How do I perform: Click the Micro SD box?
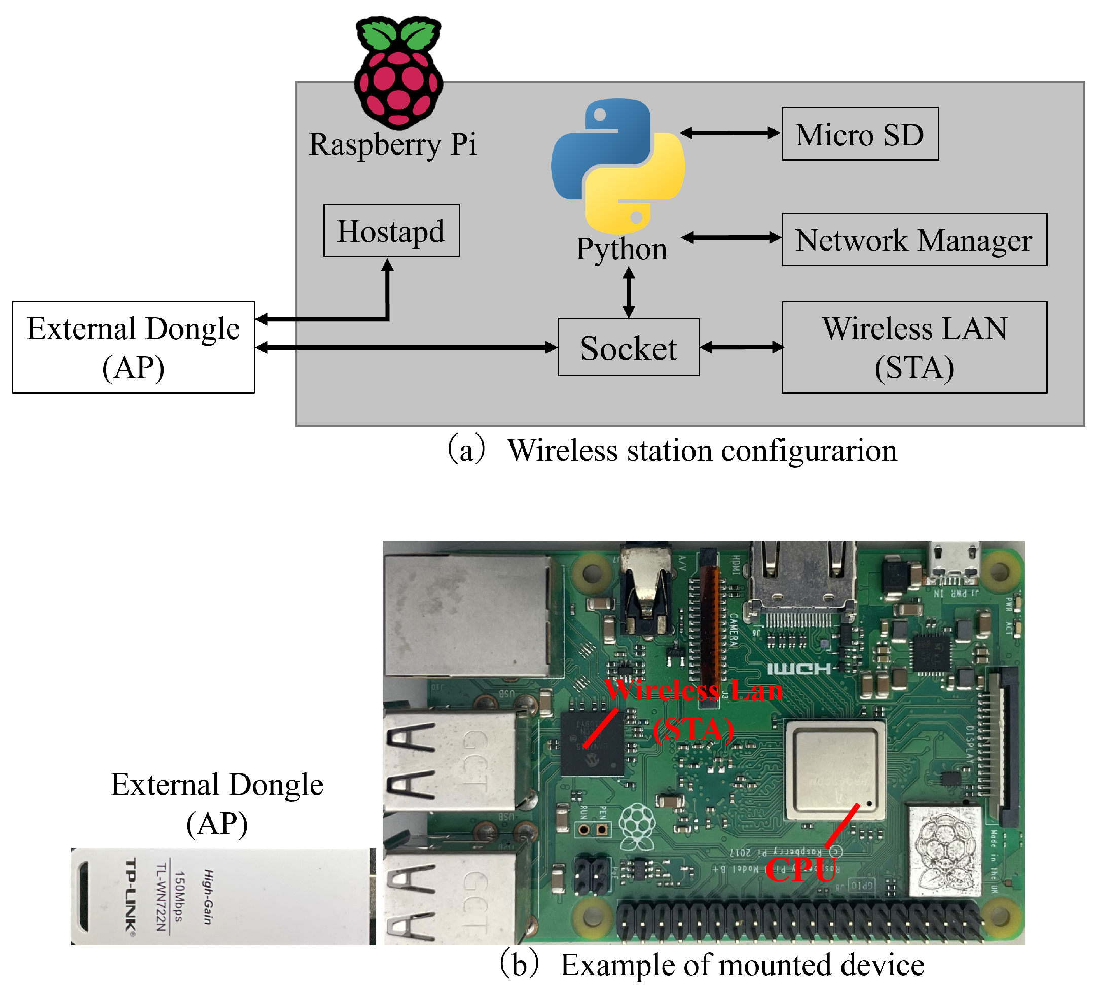coord(860,134)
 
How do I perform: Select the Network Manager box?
coord(914,240)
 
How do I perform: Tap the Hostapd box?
coord(391,230)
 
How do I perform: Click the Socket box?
coord(628,347)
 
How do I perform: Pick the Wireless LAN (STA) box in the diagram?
coord(914,347)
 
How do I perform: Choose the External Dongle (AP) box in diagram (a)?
coord(133,347)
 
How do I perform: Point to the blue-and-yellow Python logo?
coord(618,166)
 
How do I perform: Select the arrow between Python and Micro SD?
coord(730,133)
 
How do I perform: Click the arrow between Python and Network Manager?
coord(731,237)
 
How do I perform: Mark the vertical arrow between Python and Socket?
coord(629,292)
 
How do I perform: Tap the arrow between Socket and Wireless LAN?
coord(741,347)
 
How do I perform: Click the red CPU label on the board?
coord(800,870)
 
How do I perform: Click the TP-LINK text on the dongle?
coord(131,896)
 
